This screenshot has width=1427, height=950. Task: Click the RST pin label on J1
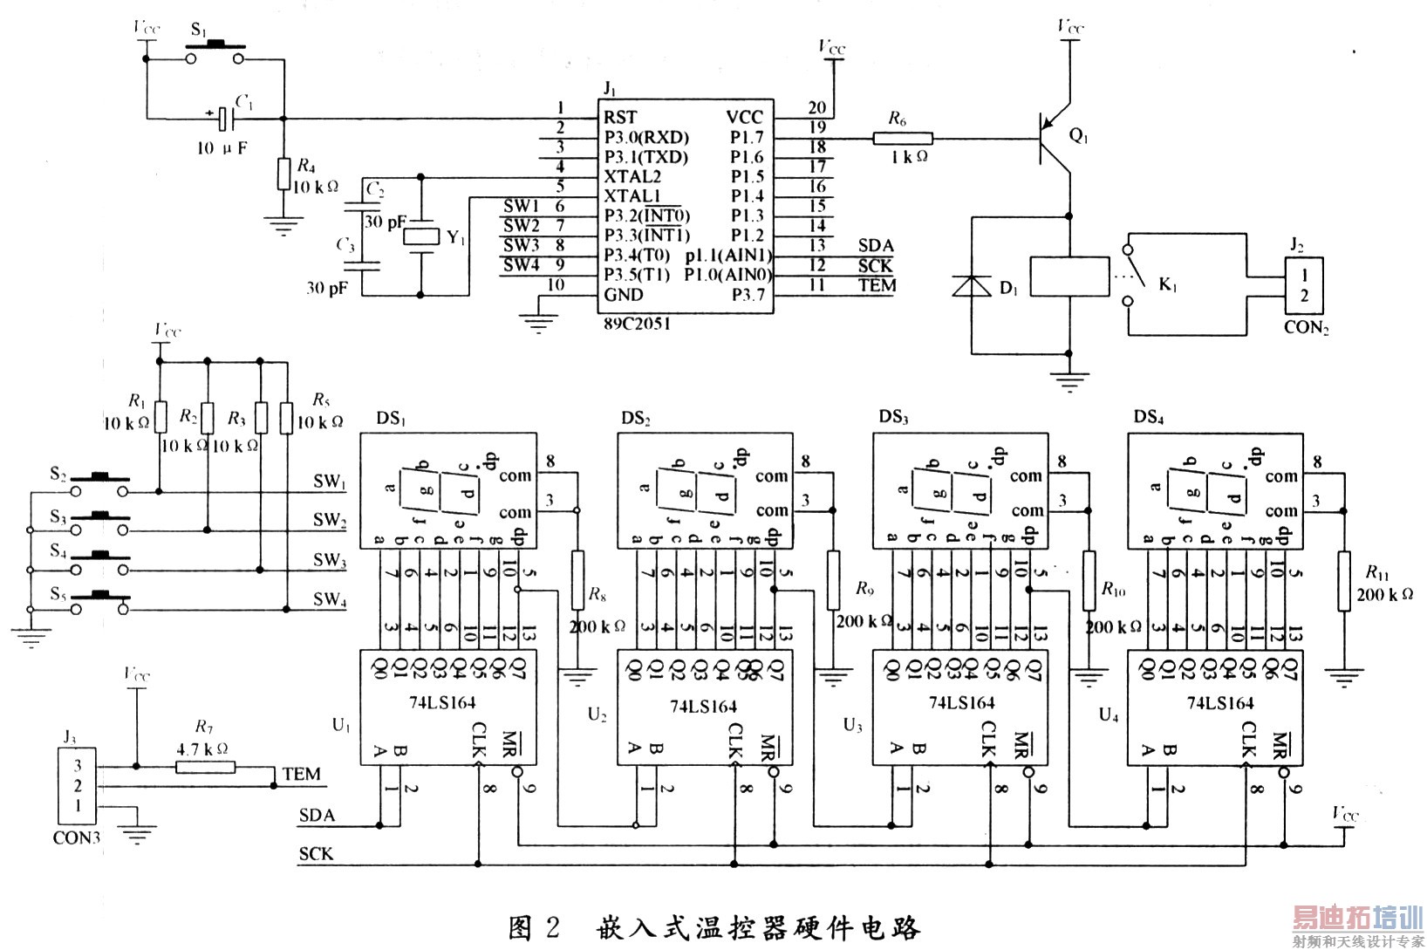(x=621, y=117)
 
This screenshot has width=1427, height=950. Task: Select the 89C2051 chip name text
(x=637, y=321)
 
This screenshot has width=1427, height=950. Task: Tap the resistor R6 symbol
(x=903, y=137)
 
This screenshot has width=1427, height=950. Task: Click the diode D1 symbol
(x=972, y=285)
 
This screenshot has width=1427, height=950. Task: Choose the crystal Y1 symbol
(x=422, y=236)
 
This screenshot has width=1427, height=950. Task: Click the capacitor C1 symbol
(x=224, y=118)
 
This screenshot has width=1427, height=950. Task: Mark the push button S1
(x=215, y=54)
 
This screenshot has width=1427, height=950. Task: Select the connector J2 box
(x=1304, y=285)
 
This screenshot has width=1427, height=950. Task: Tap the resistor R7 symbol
(x=205, y=767)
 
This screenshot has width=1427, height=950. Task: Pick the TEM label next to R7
(x=302, y=775)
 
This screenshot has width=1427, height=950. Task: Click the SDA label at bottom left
(x=317, y=817)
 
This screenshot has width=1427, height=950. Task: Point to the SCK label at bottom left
(x=316, y=853)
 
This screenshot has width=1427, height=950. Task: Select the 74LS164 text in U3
(x=961, y=703)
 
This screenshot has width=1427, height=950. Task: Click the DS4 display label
(x=1149, y=418)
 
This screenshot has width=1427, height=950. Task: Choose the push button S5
(x=100, y=598)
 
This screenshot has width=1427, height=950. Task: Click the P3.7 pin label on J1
(x=748, y=295)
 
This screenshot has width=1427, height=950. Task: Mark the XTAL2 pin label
(x=632, y=176)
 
